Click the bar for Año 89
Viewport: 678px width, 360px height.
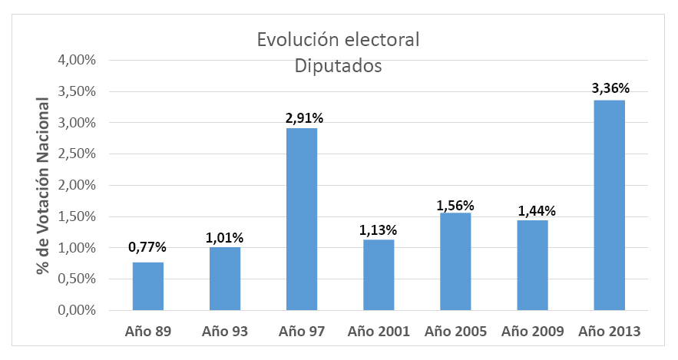point(148,286)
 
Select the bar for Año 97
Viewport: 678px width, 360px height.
point(302,220)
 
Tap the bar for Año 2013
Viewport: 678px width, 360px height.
point(608,206)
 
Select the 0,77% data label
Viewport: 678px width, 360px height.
point(148,247)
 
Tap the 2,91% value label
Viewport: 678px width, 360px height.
point(302,118)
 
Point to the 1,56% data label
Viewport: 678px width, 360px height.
point(455,205)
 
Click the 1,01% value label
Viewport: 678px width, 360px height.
point(225,237)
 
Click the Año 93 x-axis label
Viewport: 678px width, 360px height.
point(225,332)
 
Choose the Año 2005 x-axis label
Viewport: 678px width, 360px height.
point(455,332)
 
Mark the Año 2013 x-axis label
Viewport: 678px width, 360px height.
point(608,332)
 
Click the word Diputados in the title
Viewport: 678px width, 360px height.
point(339,67)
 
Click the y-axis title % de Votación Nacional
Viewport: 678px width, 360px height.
point(43,187)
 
